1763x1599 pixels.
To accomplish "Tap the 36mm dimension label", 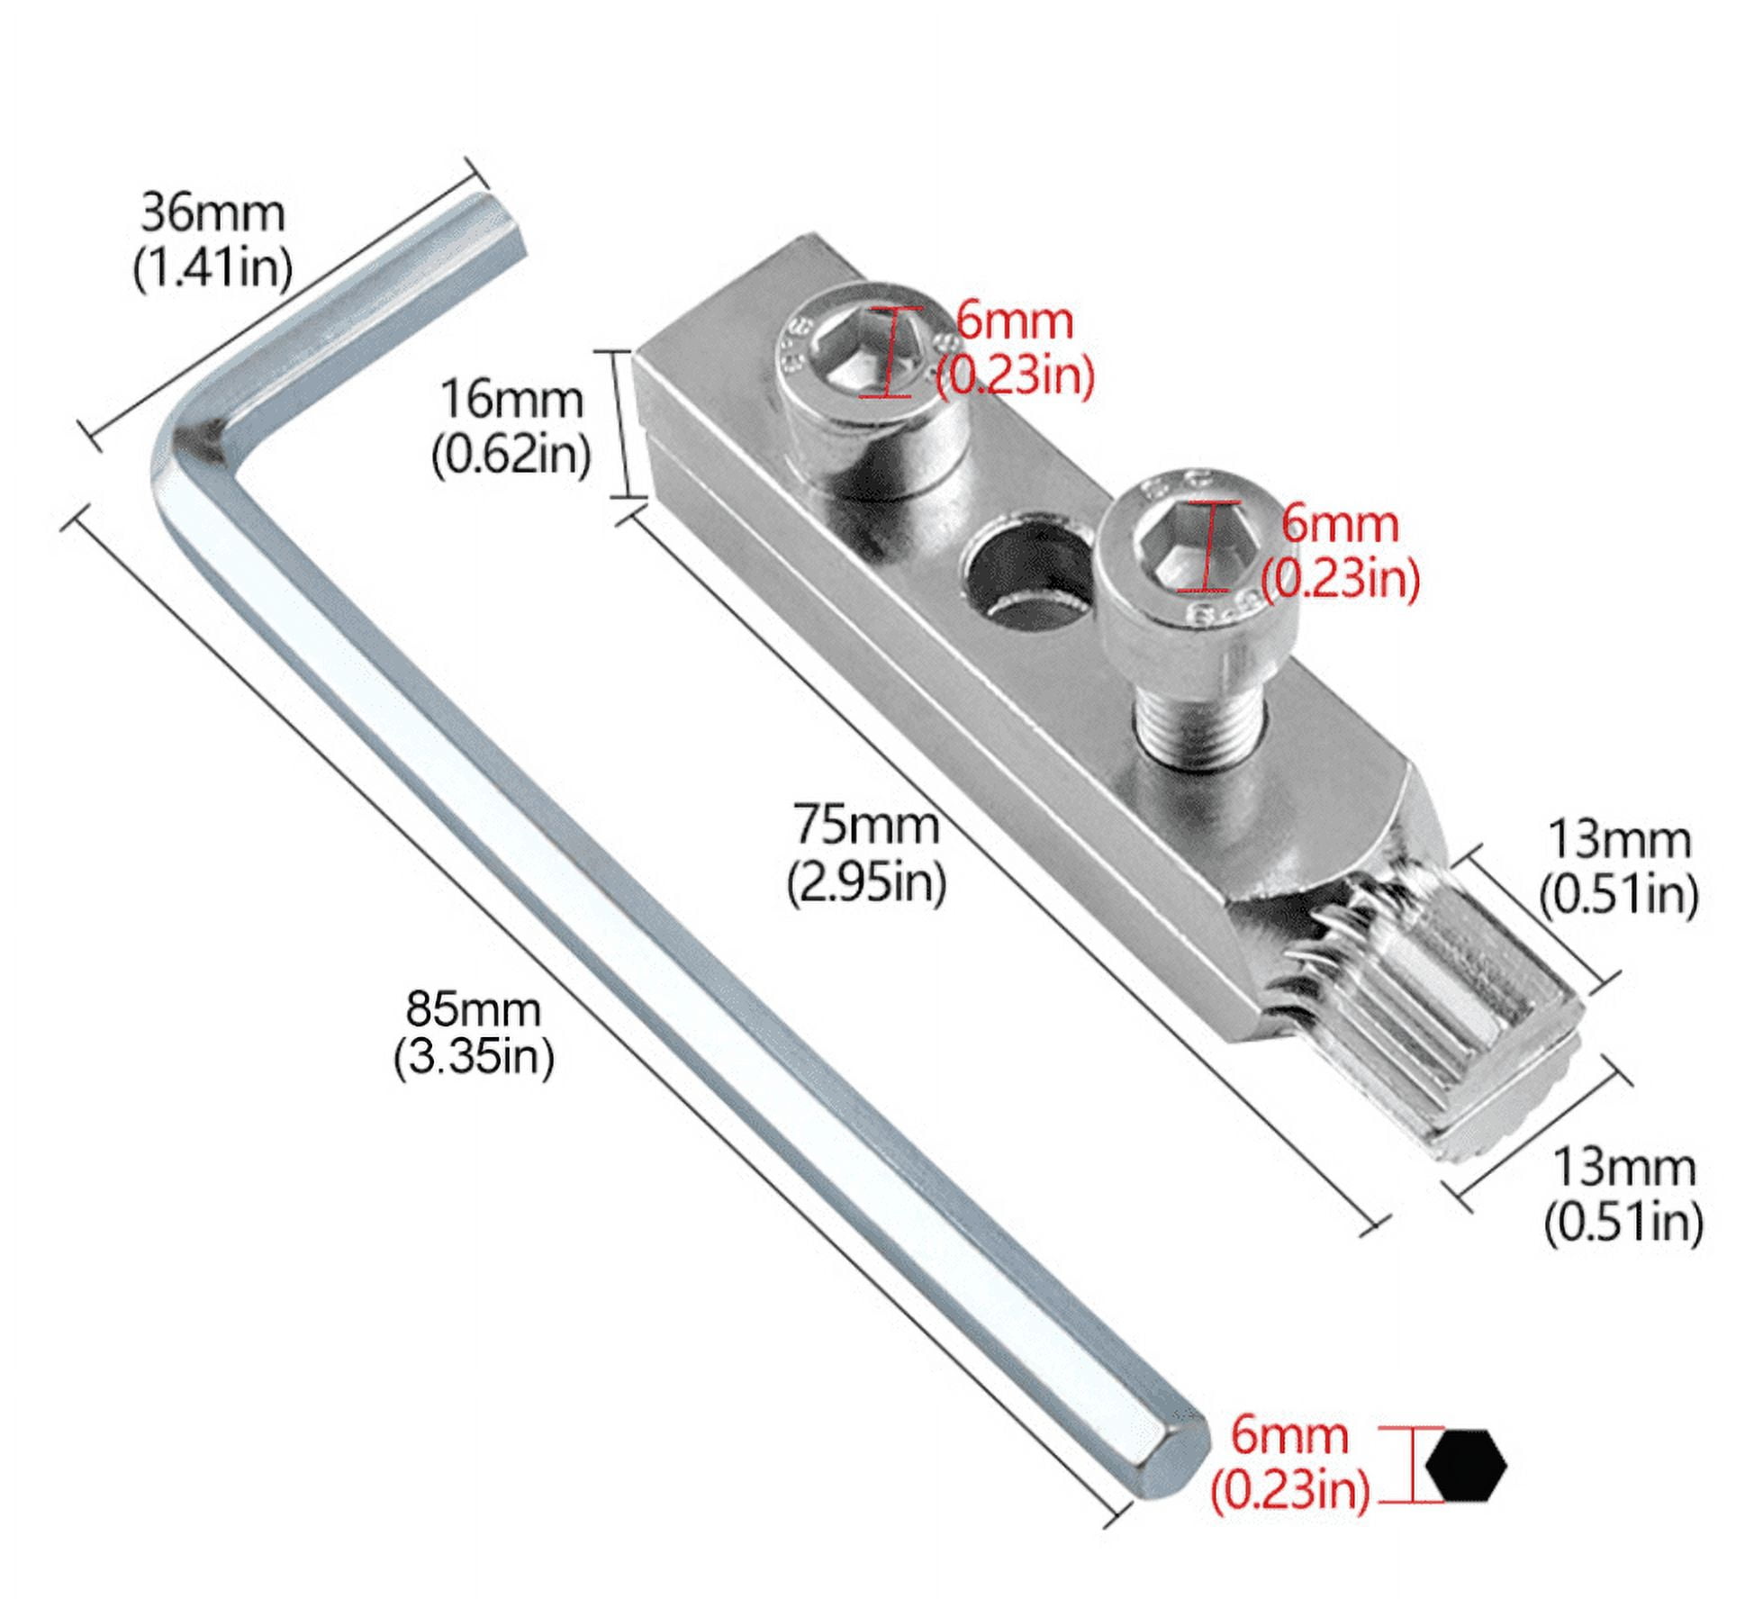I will pyautogui.click(x=212, y=214).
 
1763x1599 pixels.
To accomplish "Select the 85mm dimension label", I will pyautogui.click(x=473, y=1008).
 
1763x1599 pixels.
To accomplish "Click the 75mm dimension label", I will pyautogui.click(x=866, y=825).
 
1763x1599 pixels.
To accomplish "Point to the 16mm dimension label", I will pyautogui.click(x=511, y=399).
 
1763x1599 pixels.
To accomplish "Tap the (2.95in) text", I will pyautogui.click(x=866, y=883).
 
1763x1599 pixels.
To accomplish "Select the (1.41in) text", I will pyautogui.click(x=212, y=268).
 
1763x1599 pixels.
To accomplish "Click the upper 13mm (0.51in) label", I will pyautogui.click(x=1618, y=866).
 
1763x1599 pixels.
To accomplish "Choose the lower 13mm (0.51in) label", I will pyautogui.click(x=1623, y=1195).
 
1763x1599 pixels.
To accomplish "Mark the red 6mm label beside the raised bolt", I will pyautogui.click(x=1339, y=524).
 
